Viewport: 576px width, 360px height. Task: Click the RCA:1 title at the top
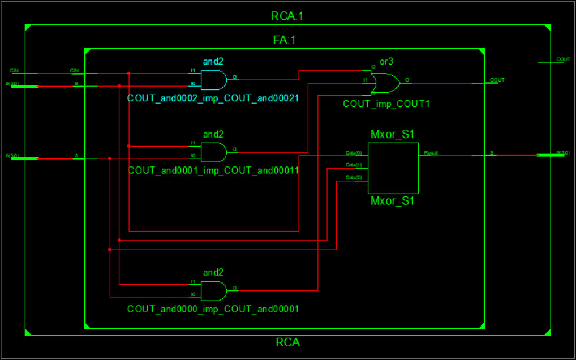pos(287,16)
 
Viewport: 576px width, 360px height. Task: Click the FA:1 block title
pos(285,41)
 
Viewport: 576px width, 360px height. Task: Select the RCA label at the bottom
pos(287,342)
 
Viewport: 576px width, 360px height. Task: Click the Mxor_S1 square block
pos(393,168)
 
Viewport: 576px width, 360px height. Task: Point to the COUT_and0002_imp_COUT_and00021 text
pos(213,98)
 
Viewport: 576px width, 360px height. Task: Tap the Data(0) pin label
pos(354,153)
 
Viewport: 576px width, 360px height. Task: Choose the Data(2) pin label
pos(354,178)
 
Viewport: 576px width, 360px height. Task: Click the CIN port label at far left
pos(15,71)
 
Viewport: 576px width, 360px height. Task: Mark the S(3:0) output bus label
pos(563,152)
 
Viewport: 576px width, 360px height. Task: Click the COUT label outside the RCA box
pos(563,59)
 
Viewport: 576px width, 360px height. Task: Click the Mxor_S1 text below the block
pos(393,201)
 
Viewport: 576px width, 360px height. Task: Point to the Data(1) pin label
pos(354,165)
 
